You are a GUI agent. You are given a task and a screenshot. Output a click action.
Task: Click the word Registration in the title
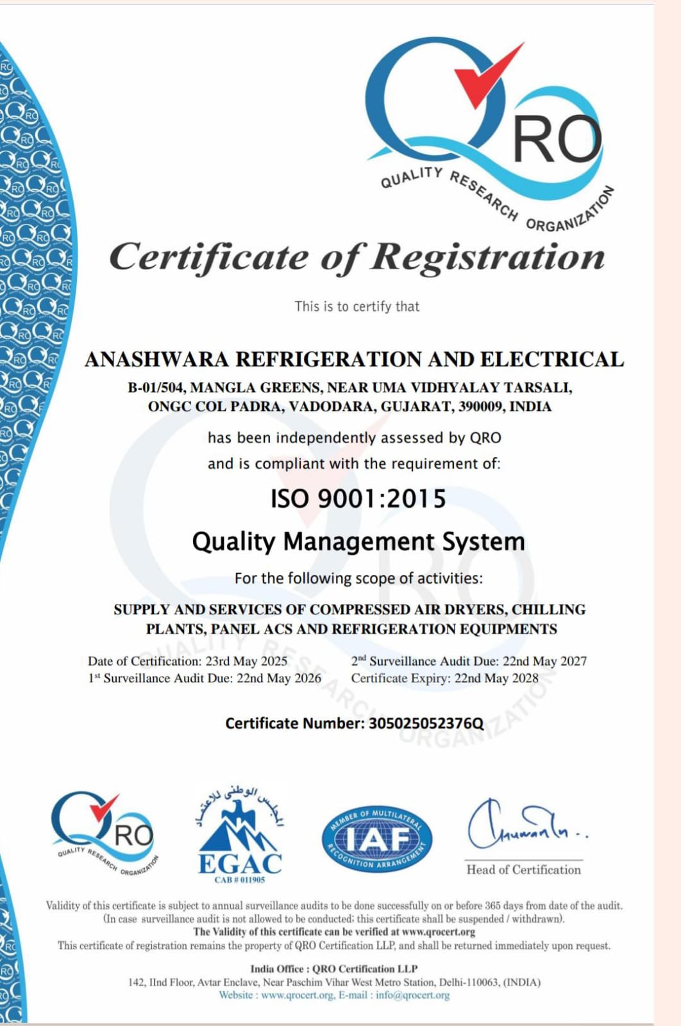tap(488, 257)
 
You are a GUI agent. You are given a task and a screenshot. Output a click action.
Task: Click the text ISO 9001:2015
tap(358, 499)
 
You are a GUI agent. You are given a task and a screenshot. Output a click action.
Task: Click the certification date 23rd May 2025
tap(246, 661)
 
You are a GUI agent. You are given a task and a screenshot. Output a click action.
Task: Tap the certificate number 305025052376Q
tap(426, 723)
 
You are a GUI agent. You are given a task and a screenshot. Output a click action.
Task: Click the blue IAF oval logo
tap(376, 838)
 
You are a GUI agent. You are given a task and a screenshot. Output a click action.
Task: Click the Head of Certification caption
tap(523, 870)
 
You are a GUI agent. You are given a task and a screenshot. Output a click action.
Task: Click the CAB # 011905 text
tap(239, 880)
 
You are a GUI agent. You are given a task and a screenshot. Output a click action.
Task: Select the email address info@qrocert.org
tap(412, 995)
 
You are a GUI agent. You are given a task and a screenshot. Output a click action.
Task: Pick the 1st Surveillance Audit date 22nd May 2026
tap(278, 678)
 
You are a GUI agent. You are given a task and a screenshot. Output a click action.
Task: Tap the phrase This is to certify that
tap(357, 307)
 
